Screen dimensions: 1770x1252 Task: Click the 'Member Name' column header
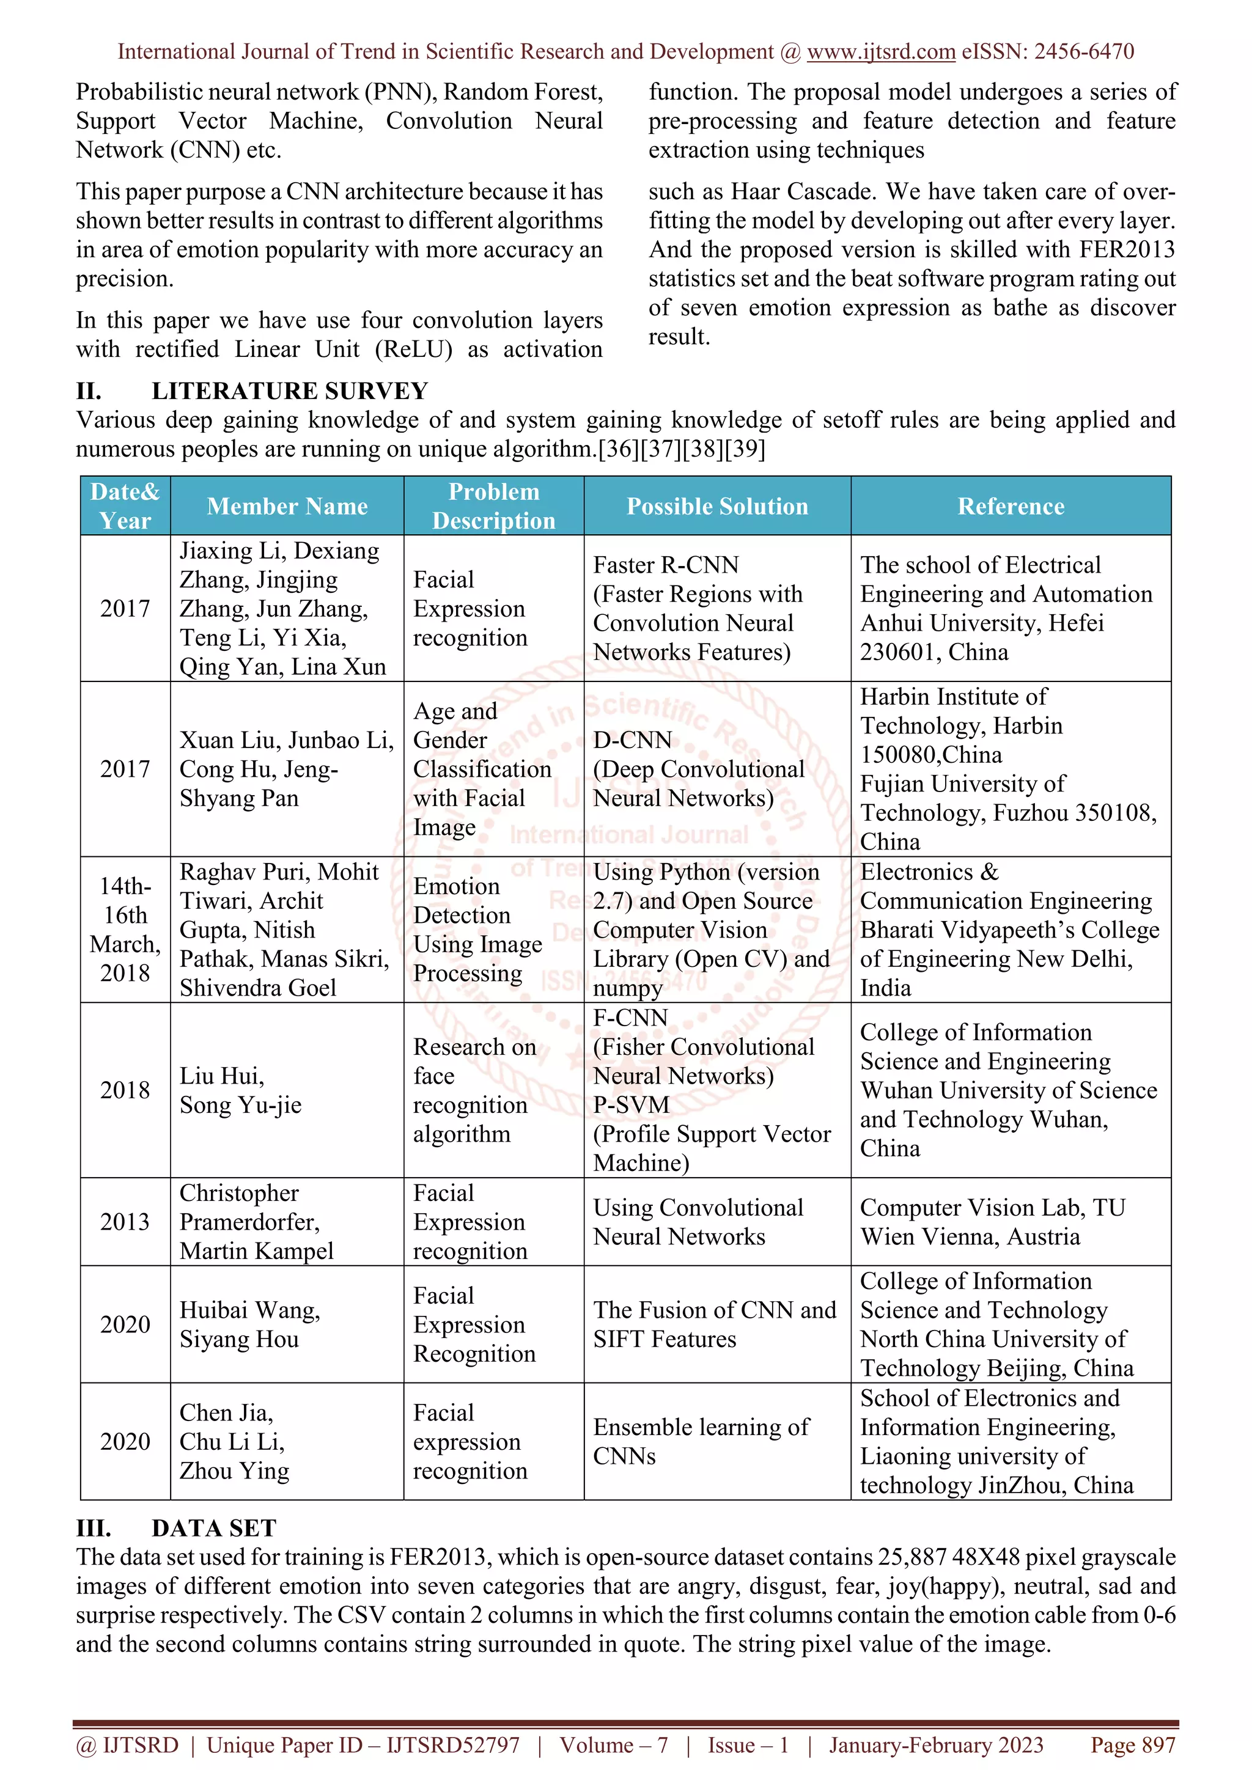(287, 507)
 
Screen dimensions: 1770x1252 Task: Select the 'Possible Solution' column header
(717, 507)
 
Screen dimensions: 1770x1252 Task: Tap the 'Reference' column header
(1010, 507)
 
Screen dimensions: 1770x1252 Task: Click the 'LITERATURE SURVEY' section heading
(289, 391)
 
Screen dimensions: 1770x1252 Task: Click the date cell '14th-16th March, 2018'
(125, 929)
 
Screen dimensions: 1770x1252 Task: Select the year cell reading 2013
(125, 1222)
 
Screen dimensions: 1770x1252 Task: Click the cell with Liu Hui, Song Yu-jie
(240, 1090)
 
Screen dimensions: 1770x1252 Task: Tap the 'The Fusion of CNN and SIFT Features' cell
(714, 1324)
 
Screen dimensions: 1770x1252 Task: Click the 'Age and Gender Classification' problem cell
(482, 769)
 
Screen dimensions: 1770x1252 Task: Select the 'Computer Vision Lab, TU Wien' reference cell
(992, 1222)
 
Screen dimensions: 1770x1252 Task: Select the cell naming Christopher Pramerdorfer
(256, 1222)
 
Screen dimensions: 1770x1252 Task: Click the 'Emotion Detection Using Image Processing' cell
(477, 929)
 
